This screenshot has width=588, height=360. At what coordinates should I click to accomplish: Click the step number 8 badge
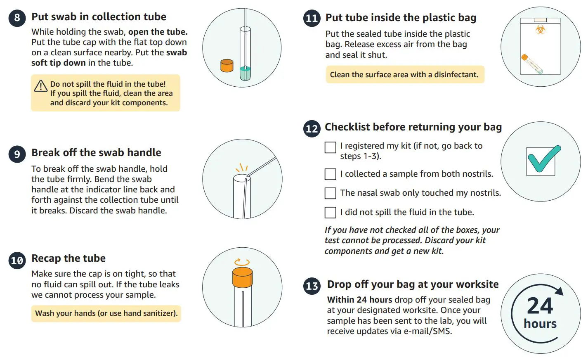[17, 18]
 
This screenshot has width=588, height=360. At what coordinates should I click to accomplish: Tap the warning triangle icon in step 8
[40, 86]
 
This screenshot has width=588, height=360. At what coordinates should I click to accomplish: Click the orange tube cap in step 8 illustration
[227, 66]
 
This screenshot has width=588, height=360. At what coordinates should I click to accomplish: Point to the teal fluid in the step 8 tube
[245, 73]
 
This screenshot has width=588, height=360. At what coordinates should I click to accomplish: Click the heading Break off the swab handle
[96, 152]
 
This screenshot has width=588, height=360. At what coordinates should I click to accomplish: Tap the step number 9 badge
[17, 154]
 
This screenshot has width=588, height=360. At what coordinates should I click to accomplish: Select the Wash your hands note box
[106, 313]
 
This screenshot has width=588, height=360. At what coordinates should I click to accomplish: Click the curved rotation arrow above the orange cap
[242, 262]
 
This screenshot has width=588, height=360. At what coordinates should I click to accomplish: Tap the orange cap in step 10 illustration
[242, 277]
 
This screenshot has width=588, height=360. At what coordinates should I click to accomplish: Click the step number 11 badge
[312, 18]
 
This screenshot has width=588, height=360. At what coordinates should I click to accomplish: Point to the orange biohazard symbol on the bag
[540, 29]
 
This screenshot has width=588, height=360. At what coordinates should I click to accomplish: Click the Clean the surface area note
[404, 75]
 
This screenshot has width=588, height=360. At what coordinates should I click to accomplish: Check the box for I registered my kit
[331, 147]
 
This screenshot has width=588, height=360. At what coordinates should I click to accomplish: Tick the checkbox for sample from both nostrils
[331, 174]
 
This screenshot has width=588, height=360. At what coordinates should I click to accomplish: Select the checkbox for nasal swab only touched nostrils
[331, 193]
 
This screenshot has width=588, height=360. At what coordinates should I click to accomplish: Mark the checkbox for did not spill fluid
[331, 213]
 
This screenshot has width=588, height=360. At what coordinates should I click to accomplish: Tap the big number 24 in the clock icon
[540, 306]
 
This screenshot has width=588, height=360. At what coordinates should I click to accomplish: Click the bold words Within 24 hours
[359, 300]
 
